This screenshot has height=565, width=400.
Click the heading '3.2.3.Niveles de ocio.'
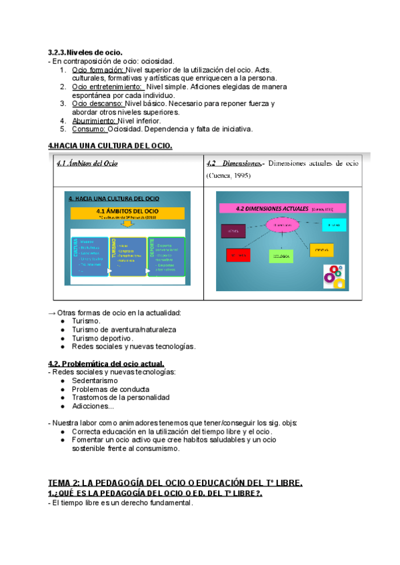coord(85,52)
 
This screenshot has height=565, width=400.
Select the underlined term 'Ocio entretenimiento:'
coord(107,87)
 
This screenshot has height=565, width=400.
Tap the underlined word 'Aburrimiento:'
coord(94,121)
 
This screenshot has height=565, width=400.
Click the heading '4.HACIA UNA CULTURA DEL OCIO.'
coord(110,146)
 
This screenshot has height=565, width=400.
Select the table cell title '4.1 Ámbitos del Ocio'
coord(87,163)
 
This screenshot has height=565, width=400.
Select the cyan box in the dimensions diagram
coord(333,225)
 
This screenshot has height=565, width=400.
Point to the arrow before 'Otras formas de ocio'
coord(52,312)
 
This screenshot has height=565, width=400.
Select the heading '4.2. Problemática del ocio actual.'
coord(106,363)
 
